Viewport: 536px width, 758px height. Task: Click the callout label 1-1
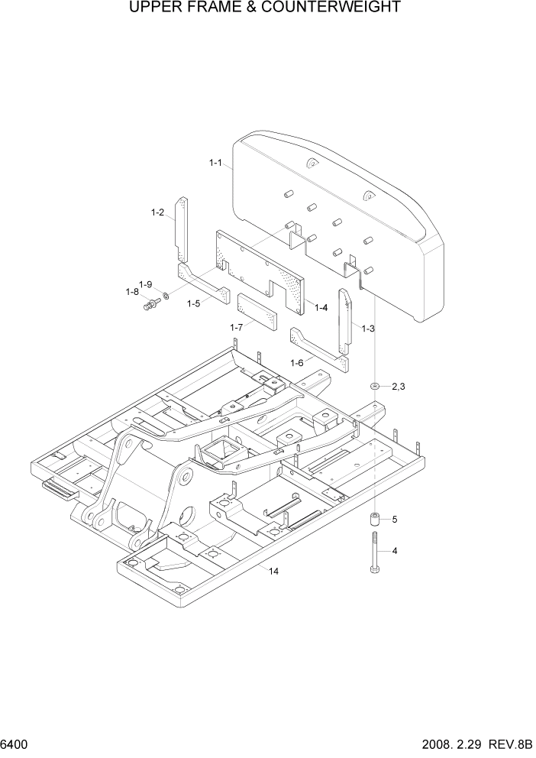click(215, 163)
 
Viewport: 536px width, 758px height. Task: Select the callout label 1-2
click(157, 212)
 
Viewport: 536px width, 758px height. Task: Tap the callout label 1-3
click(368, 329)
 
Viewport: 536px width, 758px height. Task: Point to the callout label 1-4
click(321, 308)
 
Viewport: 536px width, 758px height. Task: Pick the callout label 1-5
click(194, 303)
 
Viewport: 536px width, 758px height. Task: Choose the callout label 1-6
click(298, 362)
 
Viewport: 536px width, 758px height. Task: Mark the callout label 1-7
click(237, 327)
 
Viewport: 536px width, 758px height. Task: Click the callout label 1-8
click(132, 291)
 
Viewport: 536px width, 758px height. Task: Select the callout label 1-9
click(145, 284)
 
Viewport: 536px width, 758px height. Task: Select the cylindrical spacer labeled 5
click(376, 521)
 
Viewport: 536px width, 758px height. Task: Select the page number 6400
click(15, 743)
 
